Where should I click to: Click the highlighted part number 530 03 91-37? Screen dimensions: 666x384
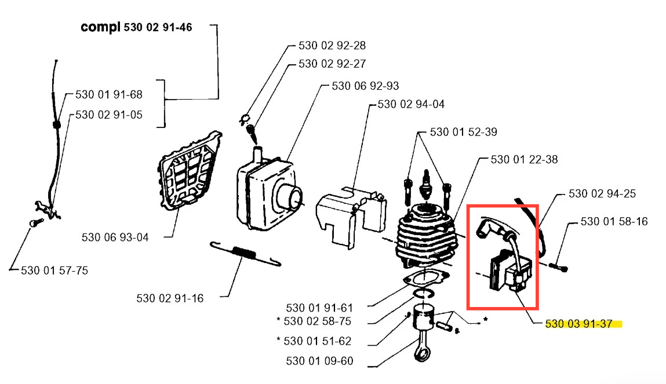(x=578, y=324)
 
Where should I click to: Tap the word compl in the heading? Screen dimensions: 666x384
(x=101, y=28)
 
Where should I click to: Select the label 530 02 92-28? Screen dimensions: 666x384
(x=332, y=45)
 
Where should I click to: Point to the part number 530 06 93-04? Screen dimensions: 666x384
(x=115, y=237)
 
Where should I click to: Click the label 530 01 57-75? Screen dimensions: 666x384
(x=54, y=270)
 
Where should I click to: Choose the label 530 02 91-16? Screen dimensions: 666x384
(x=170, y=298)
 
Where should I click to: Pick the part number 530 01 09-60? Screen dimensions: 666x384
(x=319, y=361)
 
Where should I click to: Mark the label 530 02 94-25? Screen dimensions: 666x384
(x=602, y=194)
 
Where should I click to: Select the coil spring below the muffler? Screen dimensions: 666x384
(x=246, y=254)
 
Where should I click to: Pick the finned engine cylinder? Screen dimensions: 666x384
(x=427, y=236)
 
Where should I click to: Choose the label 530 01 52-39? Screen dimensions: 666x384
(x=463, y=132)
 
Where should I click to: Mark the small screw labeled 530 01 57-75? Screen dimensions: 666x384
(x=37, y=222)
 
